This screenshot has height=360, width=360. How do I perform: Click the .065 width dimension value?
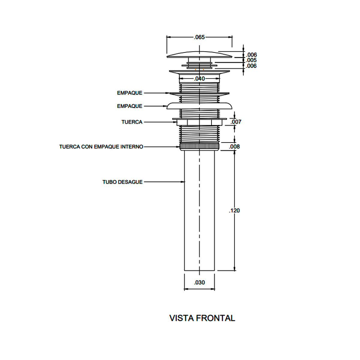pyautogui.click(x=199, y=37)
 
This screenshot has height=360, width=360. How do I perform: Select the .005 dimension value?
pyautogui.click(x=251, y=60)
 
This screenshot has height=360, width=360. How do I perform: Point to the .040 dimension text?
pyautogui.click(x=199, y=79)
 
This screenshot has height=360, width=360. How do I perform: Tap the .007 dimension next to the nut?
pyautogui.click(x=236, y=122)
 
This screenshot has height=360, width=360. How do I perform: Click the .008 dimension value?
pyautogui.click(x=234, y=147)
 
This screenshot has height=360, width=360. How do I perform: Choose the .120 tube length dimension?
pyautogui.click(x=234, y=211)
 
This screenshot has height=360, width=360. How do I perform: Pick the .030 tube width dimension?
pyautogui.click(x=199, y=283)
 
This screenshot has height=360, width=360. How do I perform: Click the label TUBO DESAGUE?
pyautogui.click(x=122, y=182)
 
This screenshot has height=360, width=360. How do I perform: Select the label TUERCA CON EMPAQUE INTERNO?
pyautogui.click(x=101, y=147)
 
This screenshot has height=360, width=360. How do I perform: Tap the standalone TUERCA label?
pyautogui.click(x=132, y=122)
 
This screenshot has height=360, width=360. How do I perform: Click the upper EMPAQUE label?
pyautogui.click(x=130, y=93)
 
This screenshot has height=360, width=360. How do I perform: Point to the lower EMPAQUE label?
pyautogui.click(x=130, y=106)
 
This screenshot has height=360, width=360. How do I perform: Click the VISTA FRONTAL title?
pyautogui.click(x=202, y=318)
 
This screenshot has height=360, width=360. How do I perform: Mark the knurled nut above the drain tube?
pyautogui.click(x=199, y=147)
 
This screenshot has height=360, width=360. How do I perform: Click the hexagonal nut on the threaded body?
pyautogui.click(x=199, y=122)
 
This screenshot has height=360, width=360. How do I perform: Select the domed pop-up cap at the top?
pyautogui.click(x=199, y=54)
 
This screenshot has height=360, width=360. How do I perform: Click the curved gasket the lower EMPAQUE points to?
pyautogui.click(x=199, y=106)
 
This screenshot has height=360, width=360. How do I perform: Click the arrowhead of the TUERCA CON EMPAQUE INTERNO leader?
pyautogui.click(x=178, y=147)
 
